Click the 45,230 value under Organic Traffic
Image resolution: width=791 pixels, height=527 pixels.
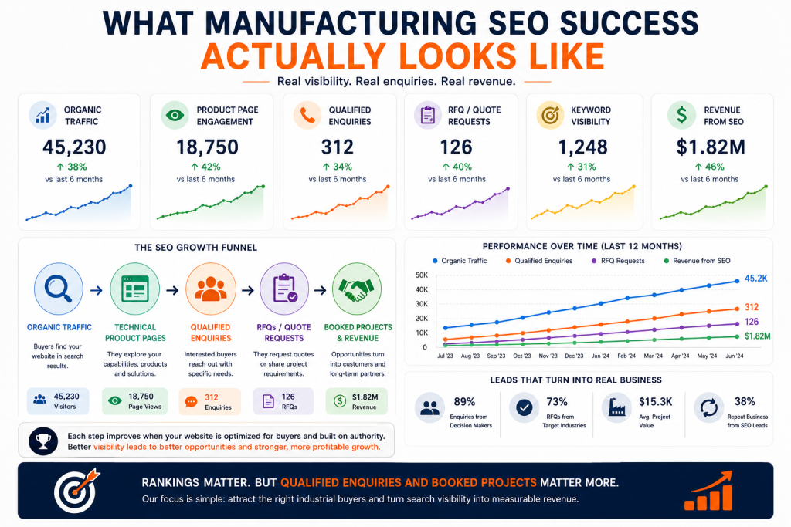click(74, 147)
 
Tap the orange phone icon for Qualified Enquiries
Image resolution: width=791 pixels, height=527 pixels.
click(307, 116)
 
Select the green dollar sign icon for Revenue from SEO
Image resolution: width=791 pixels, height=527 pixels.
click(681, 115)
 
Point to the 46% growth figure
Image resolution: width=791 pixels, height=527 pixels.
click(709, 167)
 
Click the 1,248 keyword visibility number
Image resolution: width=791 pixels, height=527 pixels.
click(582, 147)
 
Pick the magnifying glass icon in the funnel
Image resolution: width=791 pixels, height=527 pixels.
click(59, 289)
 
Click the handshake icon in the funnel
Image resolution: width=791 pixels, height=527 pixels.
click(357, 289)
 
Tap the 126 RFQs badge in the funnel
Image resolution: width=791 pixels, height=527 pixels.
click(283, 401)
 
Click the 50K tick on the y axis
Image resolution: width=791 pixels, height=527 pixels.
click(421, 275)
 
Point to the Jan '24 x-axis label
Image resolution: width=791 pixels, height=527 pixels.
click(600, 356)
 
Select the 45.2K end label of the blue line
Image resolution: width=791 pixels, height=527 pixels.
click(755, 279)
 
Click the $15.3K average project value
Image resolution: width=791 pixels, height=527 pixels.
click(655, 401)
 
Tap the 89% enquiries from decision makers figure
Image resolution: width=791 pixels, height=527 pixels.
click(464, 401)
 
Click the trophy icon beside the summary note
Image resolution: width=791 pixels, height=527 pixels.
click(43, 441)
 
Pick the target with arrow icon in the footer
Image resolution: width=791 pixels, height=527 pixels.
click(76, 490)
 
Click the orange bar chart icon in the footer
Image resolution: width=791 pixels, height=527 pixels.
click(708, 491)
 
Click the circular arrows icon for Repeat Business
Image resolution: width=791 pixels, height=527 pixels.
click(709, 407)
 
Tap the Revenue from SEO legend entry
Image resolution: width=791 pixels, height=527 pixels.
click(698, 261)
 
